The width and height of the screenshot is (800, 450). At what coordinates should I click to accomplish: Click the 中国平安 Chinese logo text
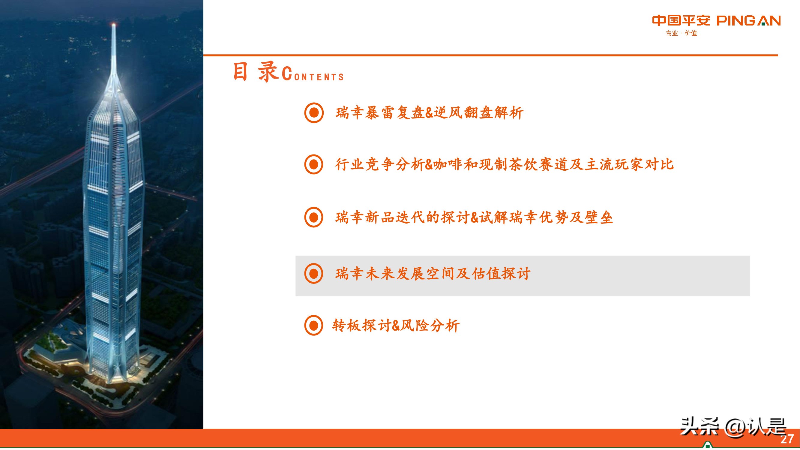[681, 20]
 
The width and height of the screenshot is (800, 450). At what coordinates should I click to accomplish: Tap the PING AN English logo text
[748, 21]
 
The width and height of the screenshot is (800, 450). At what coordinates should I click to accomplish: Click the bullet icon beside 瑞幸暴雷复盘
[314, 112]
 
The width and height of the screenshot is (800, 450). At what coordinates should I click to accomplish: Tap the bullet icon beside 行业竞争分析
[314, 164]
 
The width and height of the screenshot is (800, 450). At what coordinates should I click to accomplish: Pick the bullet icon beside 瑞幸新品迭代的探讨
[314, 217]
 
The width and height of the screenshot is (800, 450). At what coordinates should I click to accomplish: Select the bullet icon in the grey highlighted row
[314, 274]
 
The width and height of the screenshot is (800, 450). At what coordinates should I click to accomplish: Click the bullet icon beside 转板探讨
[314, 325]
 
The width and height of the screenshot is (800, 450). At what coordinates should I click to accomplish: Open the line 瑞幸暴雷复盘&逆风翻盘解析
[429, 112]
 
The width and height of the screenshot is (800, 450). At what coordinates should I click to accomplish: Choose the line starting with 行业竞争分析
[504, 164]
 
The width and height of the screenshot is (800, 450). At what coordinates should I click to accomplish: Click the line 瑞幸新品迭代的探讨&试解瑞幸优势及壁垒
[474, 217]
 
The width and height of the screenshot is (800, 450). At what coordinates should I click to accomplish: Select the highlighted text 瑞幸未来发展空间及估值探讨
[433, 274]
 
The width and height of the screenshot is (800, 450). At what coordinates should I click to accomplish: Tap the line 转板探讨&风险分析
[396, 325]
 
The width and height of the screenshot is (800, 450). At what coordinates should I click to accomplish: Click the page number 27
[787, 439]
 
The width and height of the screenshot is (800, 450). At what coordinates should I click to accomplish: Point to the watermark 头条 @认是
[733, 427]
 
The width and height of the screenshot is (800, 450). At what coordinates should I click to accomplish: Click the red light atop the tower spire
[114, 24]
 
